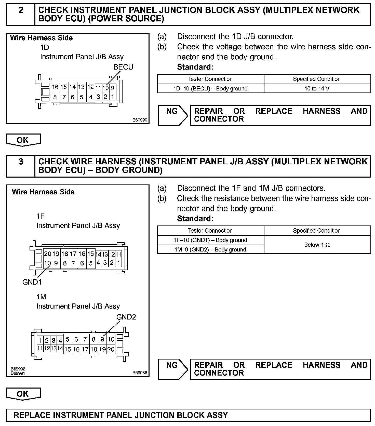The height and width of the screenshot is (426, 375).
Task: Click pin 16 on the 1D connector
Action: tap(55, 87)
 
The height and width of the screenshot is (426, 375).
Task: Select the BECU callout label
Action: tap(123, 67)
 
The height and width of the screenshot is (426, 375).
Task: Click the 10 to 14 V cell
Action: tap(317, 89)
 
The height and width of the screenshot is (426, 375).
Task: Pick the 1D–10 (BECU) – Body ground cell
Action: tap(210, 89)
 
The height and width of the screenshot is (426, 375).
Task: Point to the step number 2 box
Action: tap(21, 10)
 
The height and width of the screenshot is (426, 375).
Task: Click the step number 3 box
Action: tap(21, 162)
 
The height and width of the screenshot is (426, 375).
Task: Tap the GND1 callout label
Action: tap(32, 282)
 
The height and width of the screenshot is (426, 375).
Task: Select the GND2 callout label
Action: tap(126, 317)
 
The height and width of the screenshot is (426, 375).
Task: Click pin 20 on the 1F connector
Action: tap(48, 254)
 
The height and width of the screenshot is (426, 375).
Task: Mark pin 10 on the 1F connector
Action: tap(47, 263)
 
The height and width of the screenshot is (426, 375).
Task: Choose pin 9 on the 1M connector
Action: tap(102, 339)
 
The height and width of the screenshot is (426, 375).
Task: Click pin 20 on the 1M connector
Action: tap(111, 349)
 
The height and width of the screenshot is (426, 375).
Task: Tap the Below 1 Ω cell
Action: tap(317, 245)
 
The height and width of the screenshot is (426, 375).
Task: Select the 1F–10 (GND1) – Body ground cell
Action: tap(210, 240)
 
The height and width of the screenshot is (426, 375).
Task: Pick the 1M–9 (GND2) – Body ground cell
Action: tap(210, 249)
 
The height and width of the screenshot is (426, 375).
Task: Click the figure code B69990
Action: tap(140, 120)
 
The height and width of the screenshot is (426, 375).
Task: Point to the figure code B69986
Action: tap(140, 373)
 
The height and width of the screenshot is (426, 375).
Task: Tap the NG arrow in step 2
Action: tap(173, 115)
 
